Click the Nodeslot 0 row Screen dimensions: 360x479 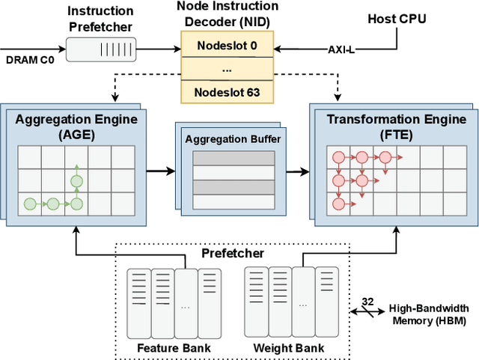(x=227, y=46)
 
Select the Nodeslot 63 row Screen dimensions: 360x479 (x=227, y=94)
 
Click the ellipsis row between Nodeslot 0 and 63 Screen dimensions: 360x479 (x=227, y=70)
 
